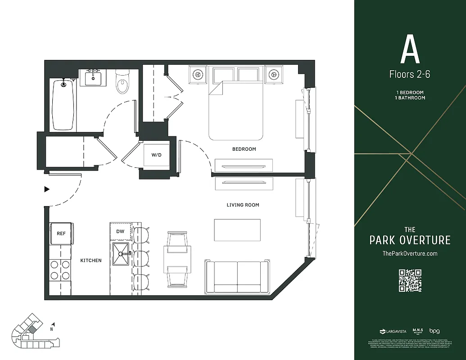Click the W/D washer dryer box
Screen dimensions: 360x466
[156, 155]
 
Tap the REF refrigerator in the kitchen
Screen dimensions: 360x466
[61, 234]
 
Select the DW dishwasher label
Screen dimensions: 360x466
[120, 231]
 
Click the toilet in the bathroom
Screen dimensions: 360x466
[122, 82]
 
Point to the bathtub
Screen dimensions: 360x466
[63, 104]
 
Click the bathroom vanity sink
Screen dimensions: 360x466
[94, 78]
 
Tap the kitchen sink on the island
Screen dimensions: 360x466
[120, 254]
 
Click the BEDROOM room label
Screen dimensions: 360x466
[244, 149]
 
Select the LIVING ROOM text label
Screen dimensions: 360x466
[243, 205]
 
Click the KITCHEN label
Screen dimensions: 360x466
[91, 261]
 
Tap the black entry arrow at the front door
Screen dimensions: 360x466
[46, 189]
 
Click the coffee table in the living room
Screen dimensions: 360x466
[237, 230]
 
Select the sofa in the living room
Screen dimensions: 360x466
[237, 277]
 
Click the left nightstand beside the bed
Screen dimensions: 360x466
[198, 74]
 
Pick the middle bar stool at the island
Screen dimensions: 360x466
[141, 258]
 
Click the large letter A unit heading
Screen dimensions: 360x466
[410, 50]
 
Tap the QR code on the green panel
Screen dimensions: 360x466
[410, 280]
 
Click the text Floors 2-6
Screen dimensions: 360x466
[410, 74]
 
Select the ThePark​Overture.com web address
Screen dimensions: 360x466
[410, 253]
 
